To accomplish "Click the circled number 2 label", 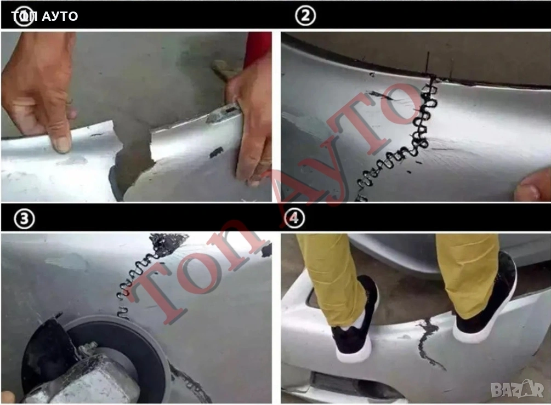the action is coord(305,16).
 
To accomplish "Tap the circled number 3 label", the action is coord(24,219).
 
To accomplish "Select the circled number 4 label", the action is coord(294,219).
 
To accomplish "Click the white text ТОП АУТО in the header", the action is coord(44,16).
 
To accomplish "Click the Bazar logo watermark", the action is coord(517,389).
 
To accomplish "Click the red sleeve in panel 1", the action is coord(259,49).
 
